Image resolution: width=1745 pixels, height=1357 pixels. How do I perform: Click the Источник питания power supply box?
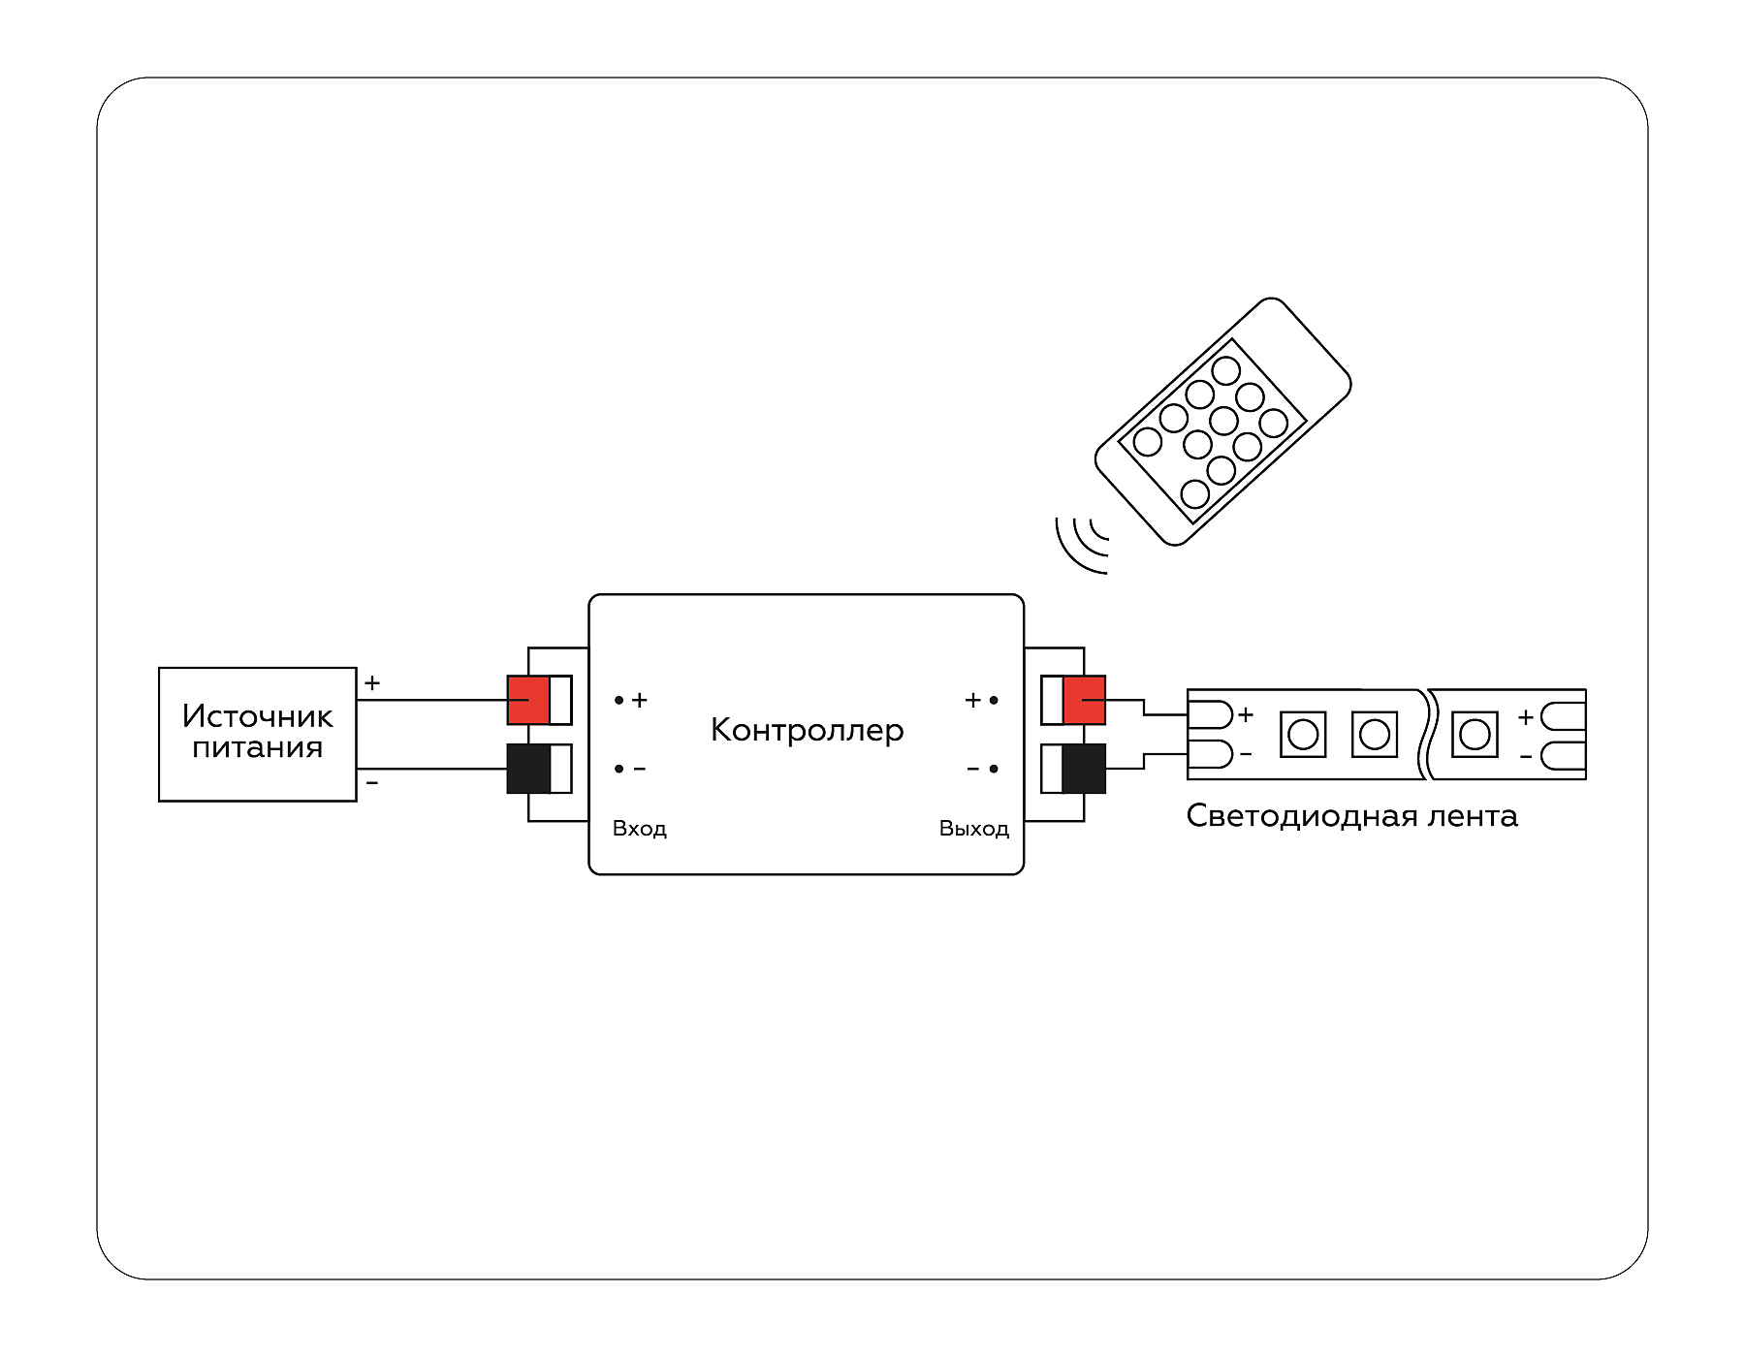coord(258,734)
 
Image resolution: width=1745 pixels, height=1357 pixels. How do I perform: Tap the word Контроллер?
coord(807,730)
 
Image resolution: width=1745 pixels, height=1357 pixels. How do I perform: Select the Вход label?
coord(640,829)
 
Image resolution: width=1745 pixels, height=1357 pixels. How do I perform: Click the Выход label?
coord(973,829)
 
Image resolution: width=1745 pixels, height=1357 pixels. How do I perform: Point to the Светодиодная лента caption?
coord(1351,816)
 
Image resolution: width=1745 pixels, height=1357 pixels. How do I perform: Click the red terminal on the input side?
coord(528,700)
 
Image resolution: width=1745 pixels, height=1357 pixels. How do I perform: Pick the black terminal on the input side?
coord(528,769)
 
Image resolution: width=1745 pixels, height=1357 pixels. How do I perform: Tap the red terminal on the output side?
coord(1084,700)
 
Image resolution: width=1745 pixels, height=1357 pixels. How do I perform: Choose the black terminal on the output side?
coord(1084,769)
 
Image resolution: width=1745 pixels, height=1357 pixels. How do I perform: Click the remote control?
coord(1223,422)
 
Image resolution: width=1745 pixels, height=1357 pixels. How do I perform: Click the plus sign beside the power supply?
coord(372,683)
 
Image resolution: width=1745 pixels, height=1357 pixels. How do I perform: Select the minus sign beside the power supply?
coord(372,782)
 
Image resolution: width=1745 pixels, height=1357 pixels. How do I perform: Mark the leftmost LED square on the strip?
coord(1303,734)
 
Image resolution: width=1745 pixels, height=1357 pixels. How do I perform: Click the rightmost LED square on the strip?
coord(1475,734)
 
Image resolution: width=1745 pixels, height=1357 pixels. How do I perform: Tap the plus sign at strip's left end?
coord(1246,715)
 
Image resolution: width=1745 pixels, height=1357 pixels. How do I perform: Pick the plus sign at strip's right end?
coord(1526,717)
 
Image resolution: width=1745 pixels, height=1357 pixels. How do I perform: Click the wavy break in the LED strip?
coord(1425,734)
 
